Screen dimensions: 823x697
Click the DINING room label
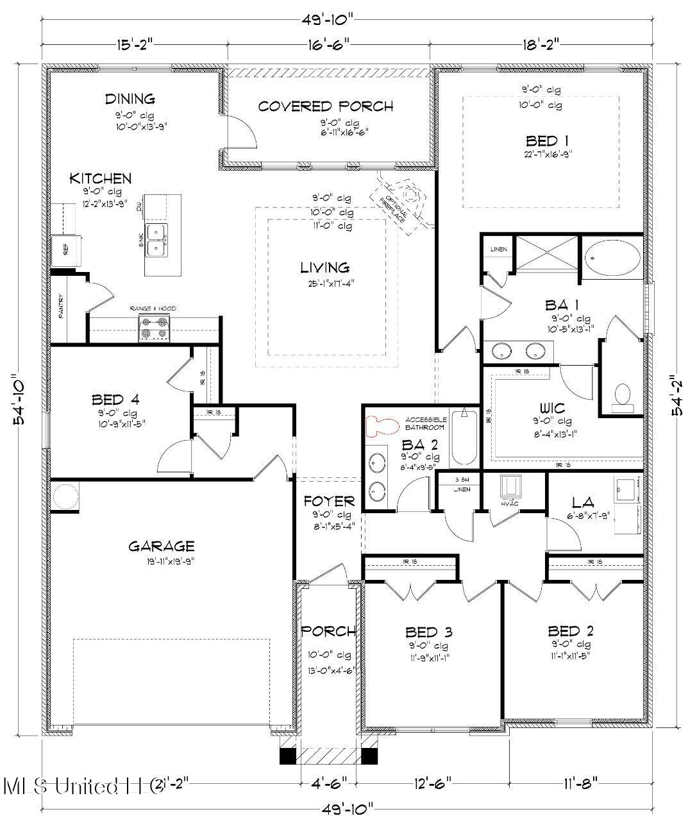pyautogui.click(x=130, y=99)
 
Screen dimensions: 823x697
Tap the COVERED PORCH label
pyautogui.click(x=325, y=106)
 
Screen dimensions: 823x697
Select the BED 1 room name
pyautogui.click(x=546, y=140)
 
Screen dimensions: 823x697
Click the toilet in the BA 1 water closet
pyautogui.click(x=621, y=398)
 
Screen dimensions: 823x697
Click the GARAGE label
pyautogui.click(x=161, y=547)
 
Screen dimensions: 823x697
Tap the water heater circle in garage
pyautogui.click(x=64, y=495)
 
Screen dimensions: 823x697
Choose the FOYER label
pyautogui.click(x=329, y=501)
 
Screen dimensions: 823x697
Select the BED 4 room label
pyautogui.click(x=115, y=400)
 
